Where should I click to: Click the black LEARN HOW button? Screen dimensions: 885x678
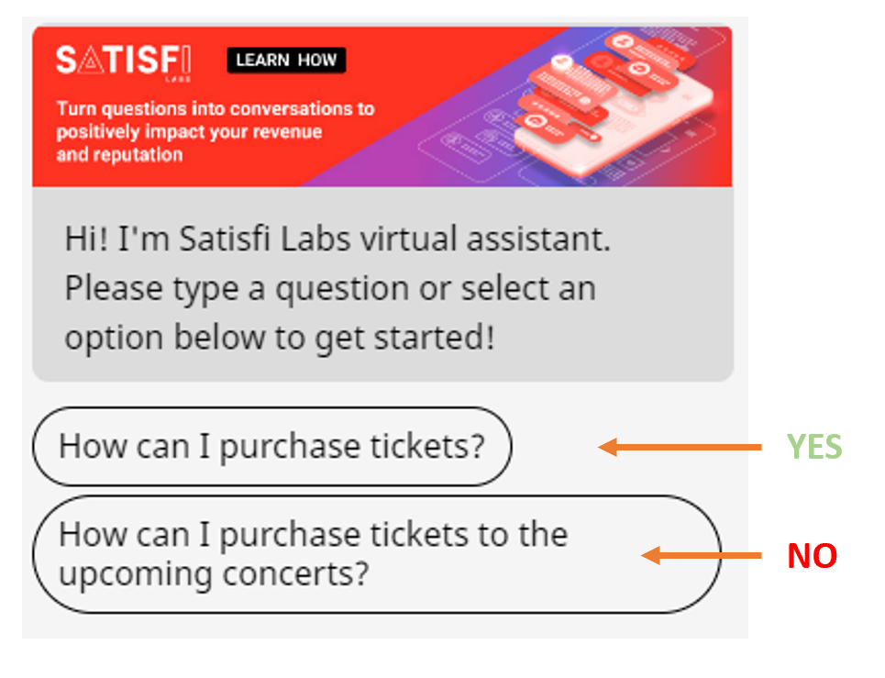point(286,60)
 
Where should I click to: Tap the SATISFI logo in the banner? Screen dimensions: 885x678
point(124,61)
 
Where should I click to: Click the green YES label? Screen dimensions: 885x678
point(813,447)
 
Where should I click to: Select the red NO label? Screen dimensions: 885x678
point(813,555)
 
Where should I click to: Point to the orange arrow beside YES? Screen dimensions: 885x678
point(680,447)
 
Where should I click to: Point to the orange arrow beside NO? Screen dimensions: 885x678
point(702,555)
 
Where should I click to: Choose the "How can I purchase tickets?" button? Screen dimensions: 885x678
point(272,447)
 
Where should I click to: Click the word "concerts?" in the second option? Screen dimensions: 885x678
point(295,574)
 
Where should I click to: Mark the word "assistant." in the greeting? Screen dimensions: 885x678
point(538,239)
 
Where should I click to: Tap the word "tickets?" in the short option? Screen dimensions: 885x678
point(427,446)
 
